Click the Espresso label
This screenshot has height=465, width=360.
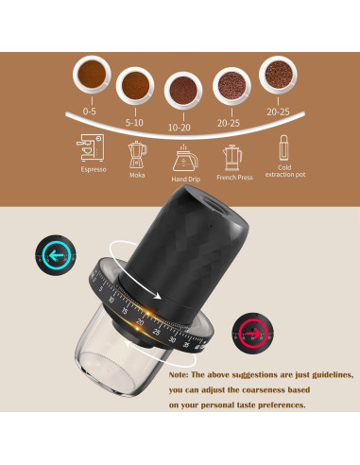point(92,170)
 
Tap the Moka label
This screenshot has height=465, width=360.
point(138,173)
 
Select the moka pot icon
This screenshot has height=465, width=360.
point(138,152)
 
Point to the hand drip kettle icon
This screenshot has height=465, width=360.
point(183,156)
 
